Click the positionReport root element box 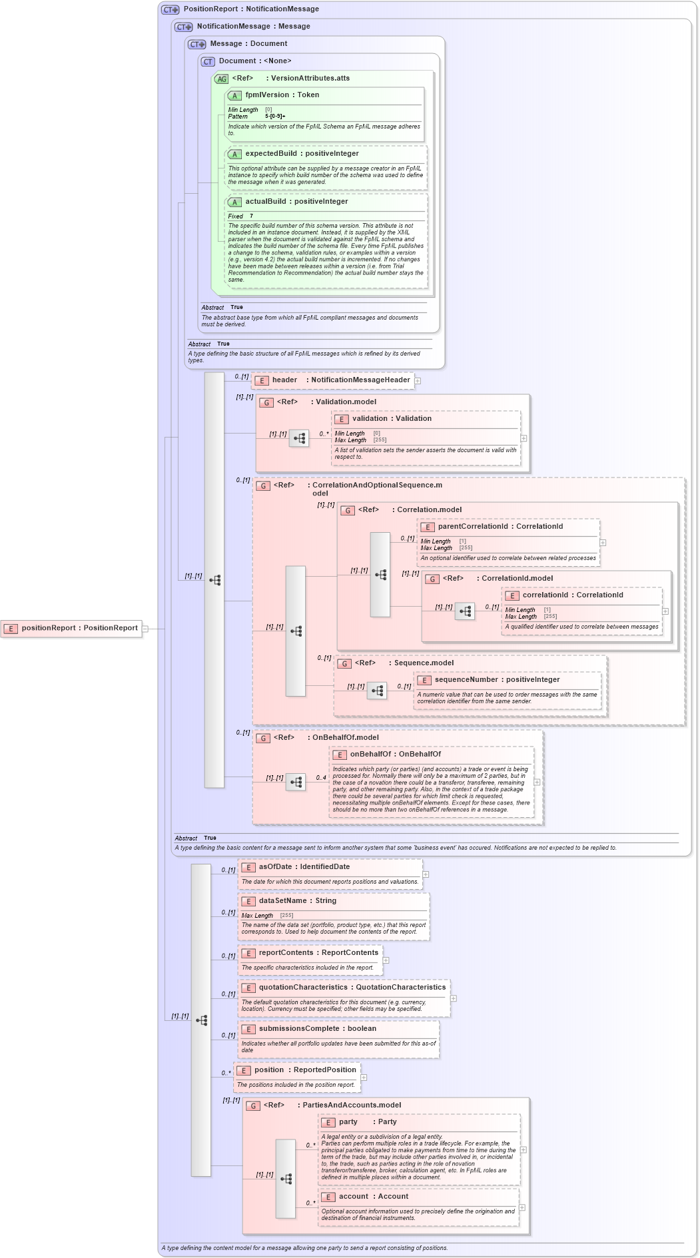[x=71, y=628]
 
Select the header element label [x=284, y=380]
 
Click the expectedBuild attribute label [x=272, y=154]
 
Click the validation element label [x=370, y=419]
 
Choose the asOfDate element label [x=275, y=867]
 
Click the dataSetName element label [x=282, y=901]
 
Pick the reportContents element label [x=286, y=953]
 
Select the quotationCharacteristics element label [x=303, y=988]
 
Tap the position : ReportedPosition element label [x=269, y=1070]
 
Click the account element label [x=353, y=1197]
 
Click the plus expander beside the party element [x=524, y=1150]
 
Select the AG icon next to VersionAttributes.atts [x=221, y=79]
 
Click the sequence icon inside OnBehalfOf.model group [x=296, y=782]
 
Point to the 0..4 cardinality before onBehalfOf [x=321, y=778]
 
